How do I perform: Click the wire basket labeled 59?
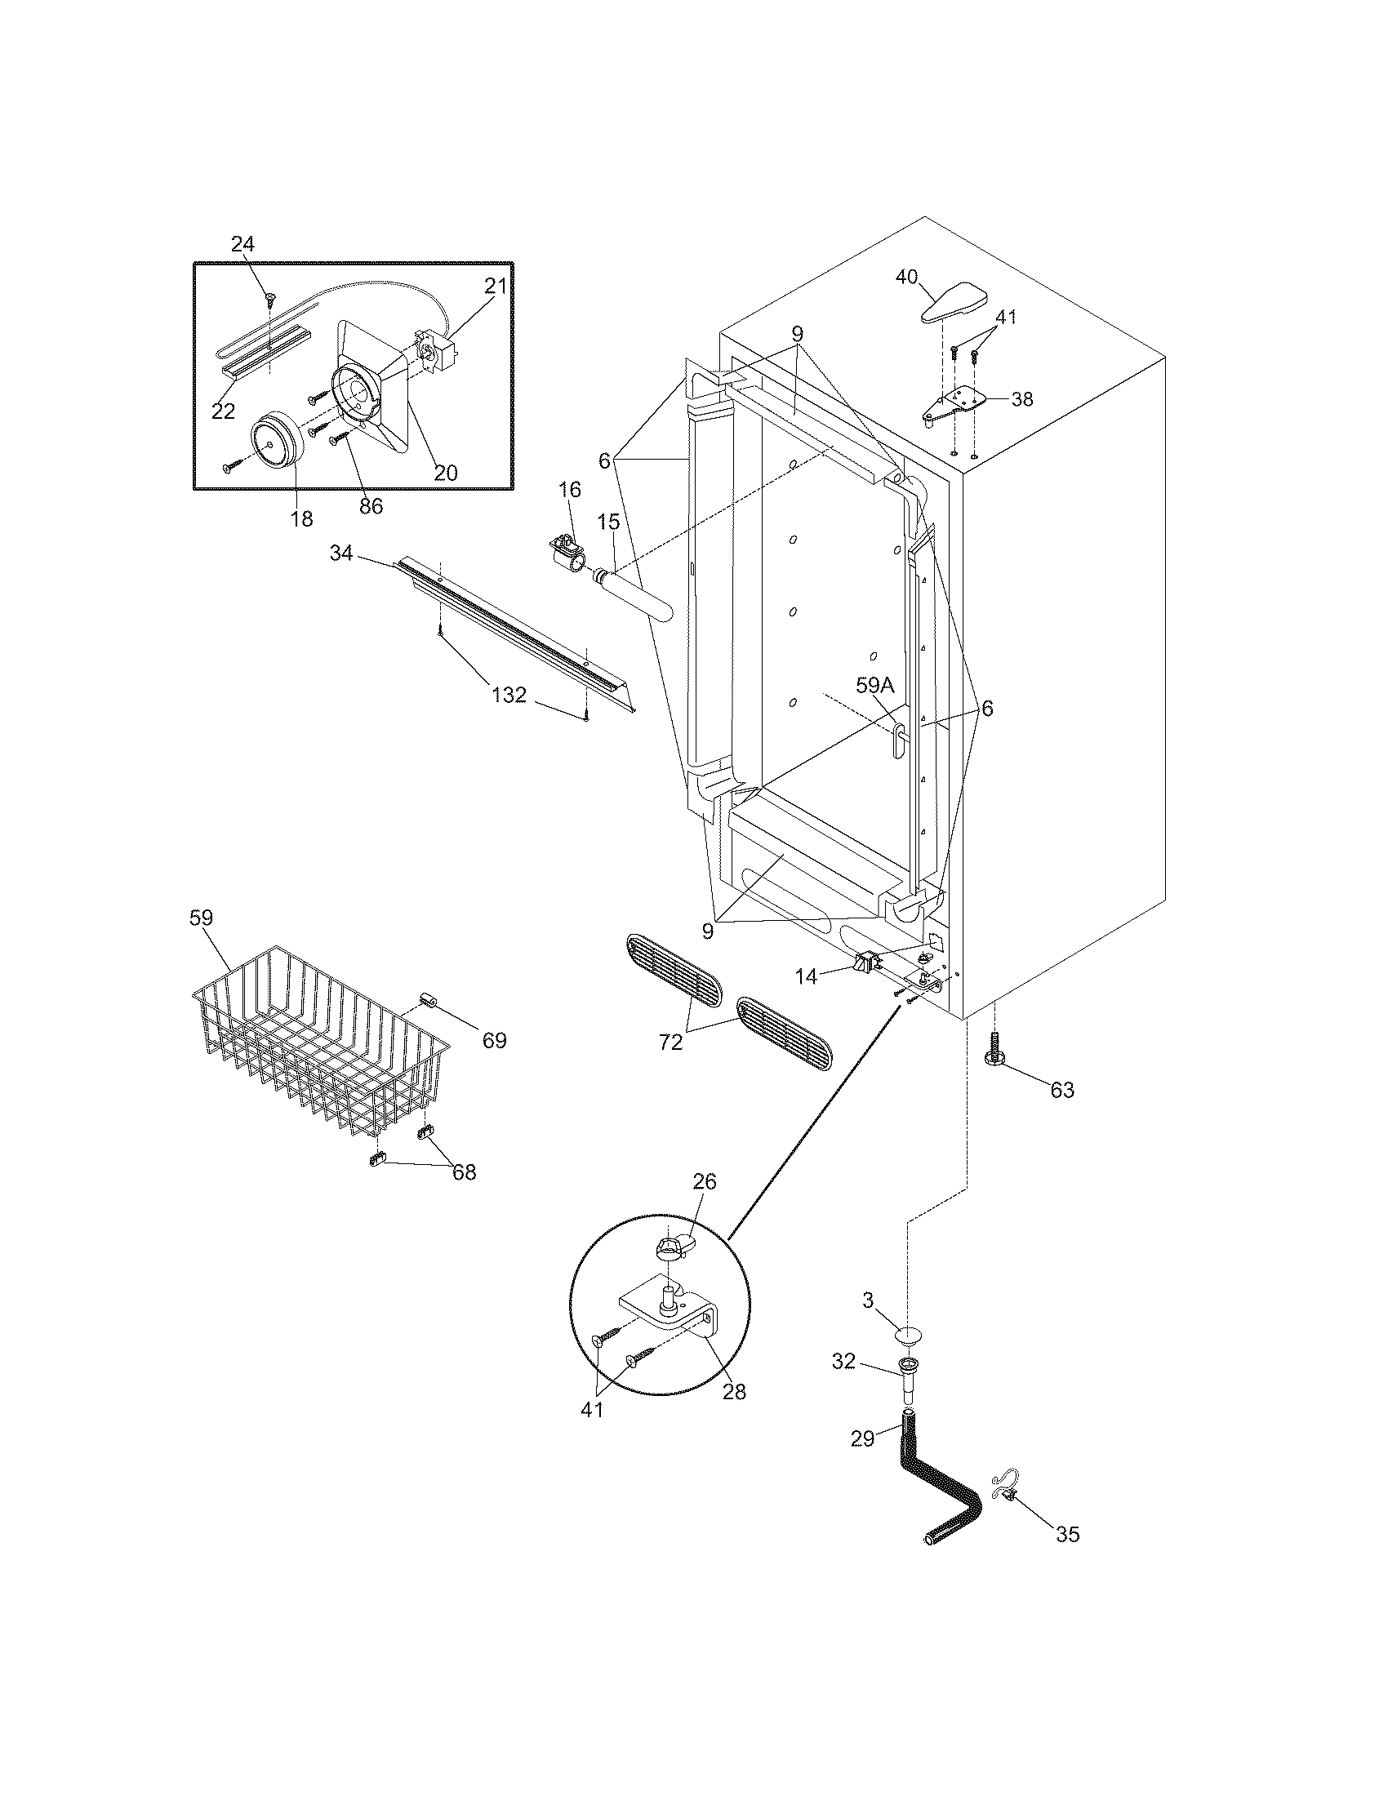(321, 1040)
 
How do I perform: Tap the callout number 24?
(242, 244)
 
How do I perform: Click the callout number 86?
(371, 507)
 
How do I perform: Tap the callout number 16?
(569, 490)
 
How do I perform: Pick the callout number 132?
(509, 695)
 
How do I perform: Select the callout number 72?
(671, 1042)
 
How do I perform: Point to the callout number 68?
(465, 1171)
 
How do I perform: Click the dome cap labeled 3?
(907, 1334)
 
